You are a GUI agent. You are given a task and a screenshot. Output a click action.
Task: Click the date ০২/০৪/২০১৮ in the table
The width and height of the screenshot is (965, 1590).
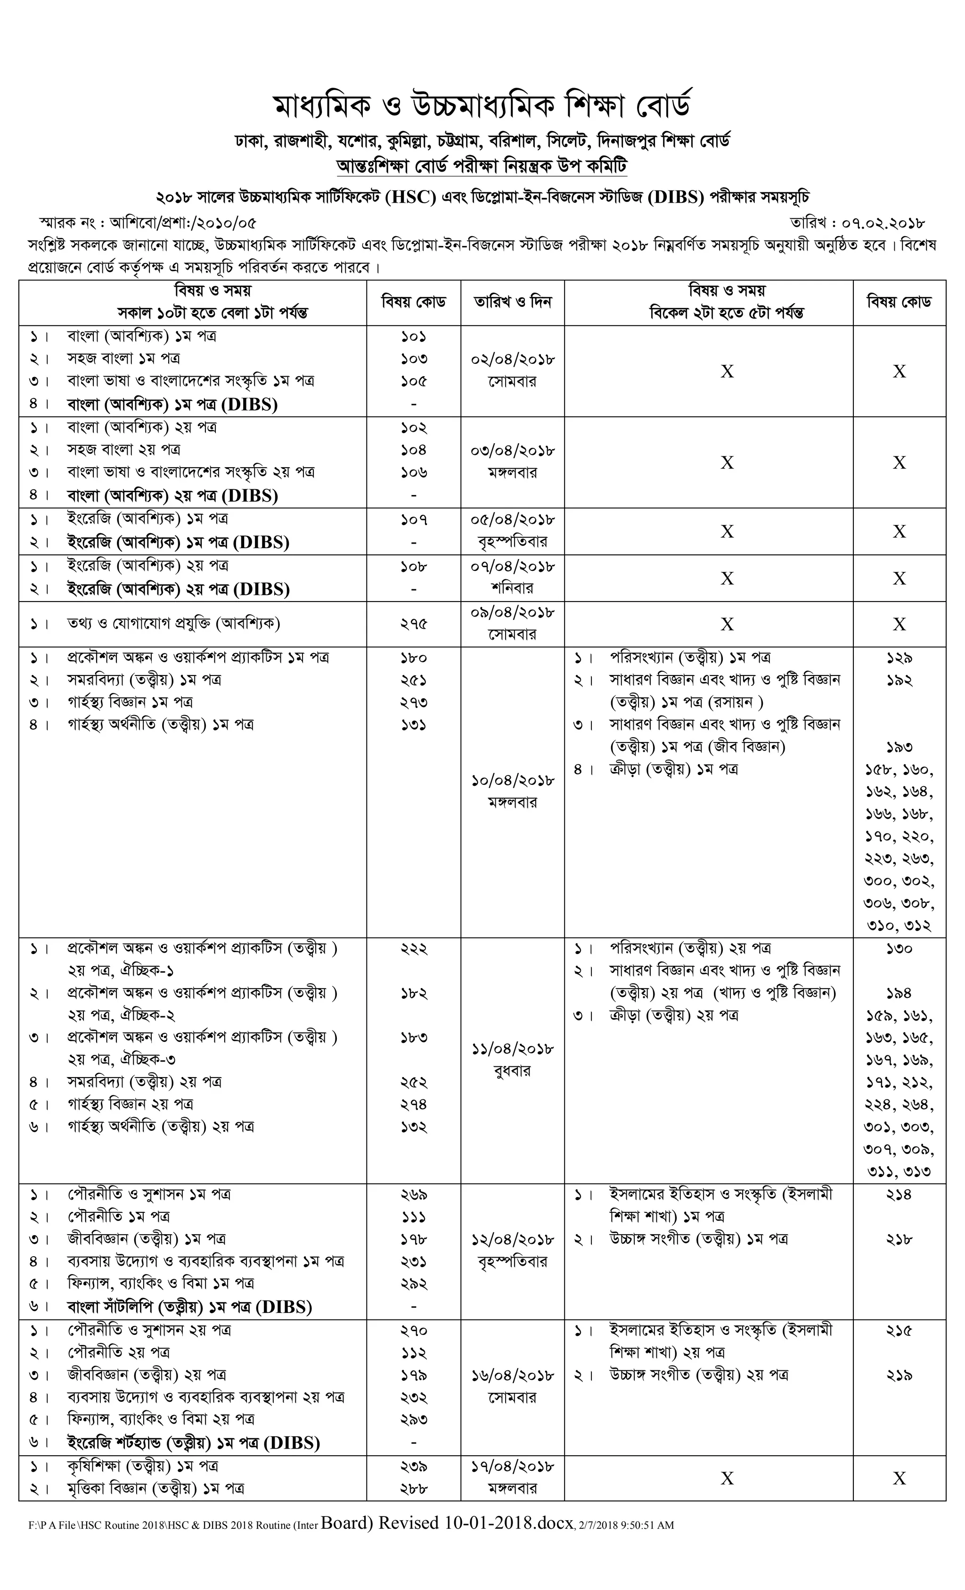(x=513, y=359)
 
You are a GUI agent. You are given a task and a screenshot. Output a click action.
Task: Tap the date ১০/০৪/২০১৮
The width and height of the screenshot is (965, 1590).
(x=513, y=780)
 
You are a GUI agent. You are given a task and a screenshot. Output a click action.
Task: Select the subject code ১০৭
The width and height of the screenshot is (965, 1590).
(x=414, y=519)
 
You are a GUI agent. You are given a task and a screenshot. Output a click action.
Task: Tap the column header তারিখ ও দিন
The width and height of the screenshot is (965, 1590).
(x=513, y=302)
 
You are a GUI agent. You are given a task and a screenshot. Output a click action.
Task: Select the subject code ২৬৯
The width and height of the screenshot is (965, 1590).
(x=414, y=1195)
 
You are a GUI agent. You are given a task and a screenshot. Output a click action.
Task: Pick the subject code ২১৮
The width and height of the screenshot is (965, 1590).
(x=899, y=1239)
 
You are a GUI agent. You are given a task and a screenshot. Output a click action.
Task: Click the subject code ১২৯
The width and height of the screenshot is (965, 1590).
(x=899, y=658)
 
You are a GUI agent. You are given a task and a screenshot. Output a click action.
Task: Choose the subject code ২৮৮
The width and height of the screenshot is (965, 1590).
(x=414, y=1489)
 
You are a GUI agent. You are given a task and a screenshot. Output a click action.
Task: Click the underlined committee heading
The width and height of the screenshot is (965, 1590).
(x=482, y=166)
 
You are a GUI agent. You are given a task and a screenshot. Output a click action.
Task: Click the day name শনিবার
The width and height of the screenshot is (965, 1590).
(x=513, y=588)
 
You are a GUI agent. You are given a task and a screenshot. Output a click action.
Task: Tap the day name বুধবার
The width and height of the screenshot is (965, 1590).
(x=513, y=1071)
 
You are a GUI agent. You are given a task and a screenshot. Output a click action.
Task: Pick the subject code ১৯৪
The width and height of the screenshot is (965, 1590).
(x=899, y=993)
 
